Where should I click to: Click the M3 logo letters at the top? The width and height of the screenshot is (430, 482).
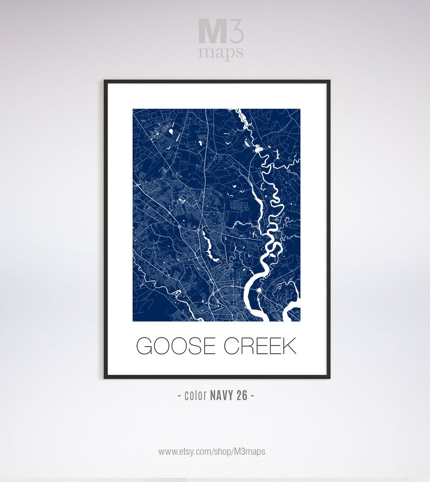pyautogui.click(x=221, y=32)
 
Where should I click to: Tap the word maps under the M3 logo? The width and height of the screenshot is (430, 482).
pyautogui.click(x=220, y=52)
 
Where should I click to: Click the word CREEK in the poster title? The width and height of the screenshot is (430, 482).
pyautogui.click(x=260, y=346)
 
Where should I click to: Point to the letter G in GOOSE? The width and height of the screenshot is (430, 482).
pyautogui.click(x=145, y=346)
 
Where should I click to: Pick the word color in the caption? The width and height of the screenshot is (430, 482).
pyautogui.click(x=195, y=395)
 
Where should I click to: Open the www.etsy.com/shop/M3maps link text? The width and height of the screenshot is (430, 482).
pyautogui.click(x=212, y=451)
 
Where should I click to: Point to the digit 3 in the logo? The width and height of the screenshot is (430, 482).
pyautogui.click(x=236, y=32)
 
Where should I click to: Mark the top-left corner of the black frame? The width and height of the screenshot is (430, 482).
pyautogui.click(x=105, y=81)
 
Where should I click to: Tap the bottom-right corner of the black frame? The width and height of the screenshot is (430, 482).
pyautogui.click(x=329, y=377)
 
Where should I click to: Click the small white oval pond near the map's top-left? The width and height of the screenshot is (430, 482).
pyautogui.click(x=171, y=131)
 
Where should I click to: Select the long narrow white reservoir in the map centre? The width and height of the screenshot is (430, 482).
pyautogui.click(x=207, y=242)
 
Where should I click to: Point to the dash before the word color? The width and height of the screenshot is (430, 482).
pyautogui.click(x=180, y=395)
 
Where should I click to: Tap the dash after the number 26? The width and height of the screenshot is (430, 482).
pyautogui.click(x=252, y=395)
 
